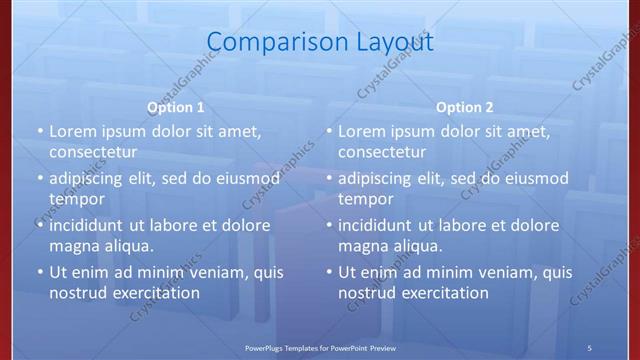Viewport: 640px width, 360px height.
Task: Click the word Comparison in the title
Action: (267, 42)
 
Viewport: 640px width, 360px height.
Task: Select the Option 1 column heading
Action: (176, 107)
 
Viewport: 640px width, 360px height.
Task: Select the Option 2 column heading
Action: (465, 107)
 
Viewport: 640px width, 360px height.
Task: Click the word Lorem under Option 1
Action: (72, 131)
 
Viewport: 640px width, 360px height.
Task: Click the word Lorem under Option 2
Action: (361, 131)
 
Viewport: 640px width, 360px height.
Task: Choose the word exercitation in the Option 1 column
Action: (155, 293)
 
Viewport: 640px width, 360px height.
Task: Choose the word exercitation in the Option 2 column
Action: (444, 293)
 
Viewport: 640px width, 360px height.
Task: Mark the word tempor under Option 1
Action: (76, 199)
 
